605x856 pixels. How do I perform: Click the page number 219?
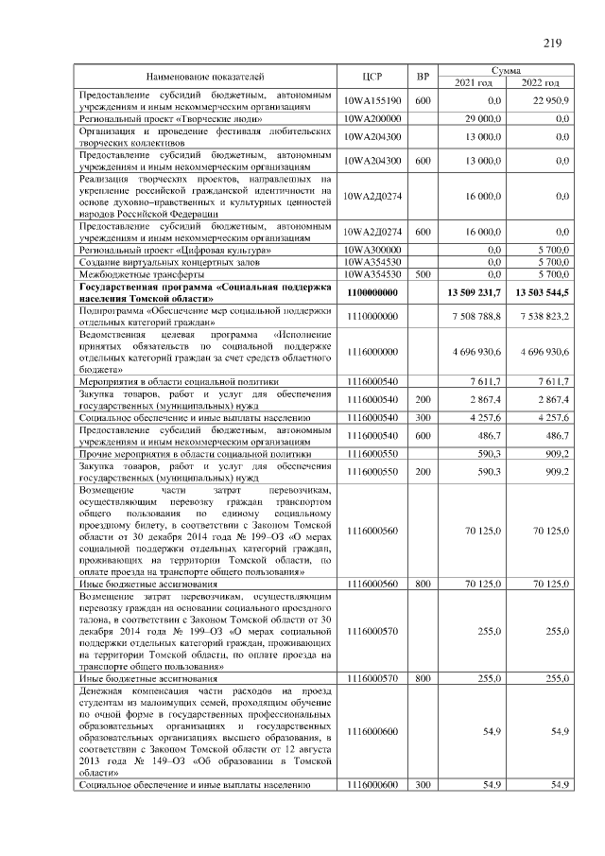[x=552, y=42]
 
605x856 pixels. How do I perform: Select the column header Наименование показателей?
[x=205, y=76]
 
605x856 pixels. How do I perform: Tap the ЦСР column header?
[x=372, y=76]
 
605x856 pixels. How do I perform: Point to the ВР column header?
[x=423, y=76]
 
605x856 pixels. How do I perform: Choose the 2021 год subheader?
[x=474, y=83]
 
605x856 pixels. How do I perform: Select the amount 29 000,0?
[x=482, y=118]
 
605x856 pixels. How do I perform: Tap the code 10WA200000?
[x=372, y=118]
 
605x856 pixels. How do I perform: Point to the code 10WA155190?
[x=372, y=100]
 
